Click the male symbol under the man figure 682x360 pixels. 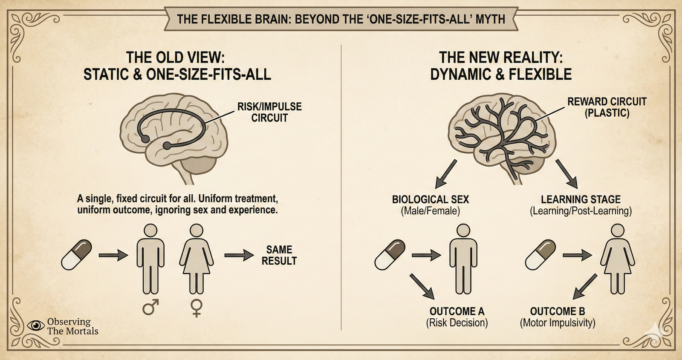coord(150,307)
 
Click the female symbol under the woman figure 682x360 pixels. coord(196,308)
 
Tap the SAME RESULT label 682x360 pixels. coord(279,255)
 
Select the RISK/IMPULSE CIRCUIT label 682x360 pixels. coord(269,112)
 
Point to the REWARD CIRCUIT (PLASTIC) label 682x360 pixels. coord(607,107)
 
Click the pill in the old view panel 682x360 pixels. coord(77,254)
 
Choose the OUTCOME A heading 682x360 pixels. coord(457,311)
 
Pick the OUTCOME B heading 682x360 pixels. coord(558,311)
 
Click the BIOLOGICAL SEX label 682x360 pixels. coord(431,199)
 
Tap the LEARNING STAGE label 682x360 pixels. coord(581,199)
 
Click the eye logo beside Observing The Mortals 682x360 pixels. coord(36,326)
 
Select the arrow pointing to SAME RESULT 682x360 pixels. coord(239,255)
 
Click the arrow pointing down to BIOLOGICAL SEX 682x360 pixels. coord(445,174)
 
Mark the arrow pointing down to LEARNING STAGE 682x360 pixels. coord(566,174)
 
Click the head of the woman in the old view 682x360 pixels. coord(196,230)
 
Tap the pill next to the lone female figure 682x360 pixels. coord(540,254)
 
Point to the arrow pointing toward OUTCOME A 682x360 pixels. coord(422,287)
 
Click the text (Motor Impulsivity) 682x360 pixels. coord(558,323)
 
